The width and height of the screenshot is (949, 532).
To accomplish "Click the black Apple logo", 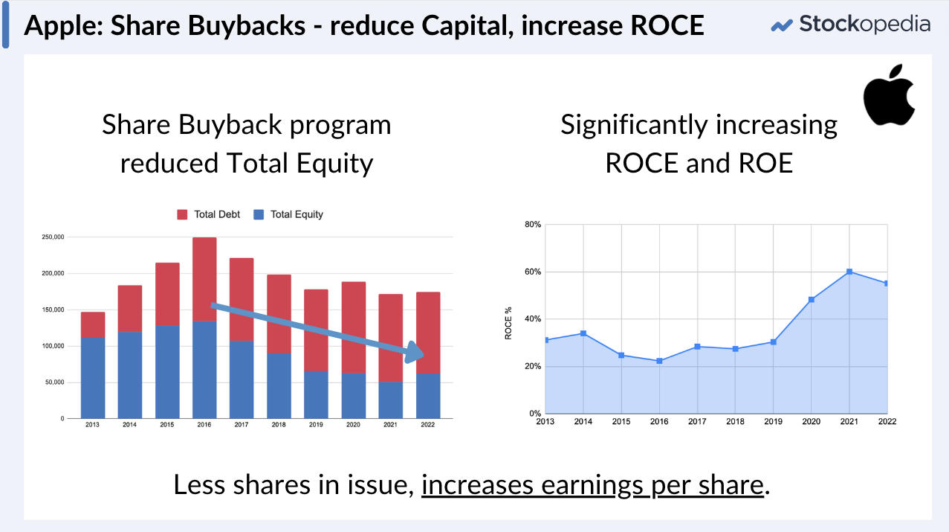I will coord(889,95).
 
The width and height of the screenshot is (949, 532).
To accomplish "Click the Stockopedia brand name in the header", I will coord(864,24).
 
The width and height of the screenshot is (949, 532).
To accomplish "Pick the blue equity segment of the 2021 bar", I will coord(391,400).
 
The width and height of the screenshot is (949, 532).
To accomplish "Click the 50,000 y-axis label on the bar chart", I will coord(53,382).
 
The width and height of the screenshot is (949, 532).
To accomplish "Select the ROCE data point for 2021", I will coord(849,272).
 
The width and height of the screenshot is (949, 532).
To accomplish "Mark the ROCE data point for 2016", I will coord(659,361).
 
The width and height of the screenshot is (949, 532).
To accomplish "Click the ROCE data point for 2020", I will coord(811,300).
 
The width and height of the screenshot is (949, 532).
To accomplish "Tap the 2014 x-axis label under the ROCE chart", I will coord(583,422).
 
